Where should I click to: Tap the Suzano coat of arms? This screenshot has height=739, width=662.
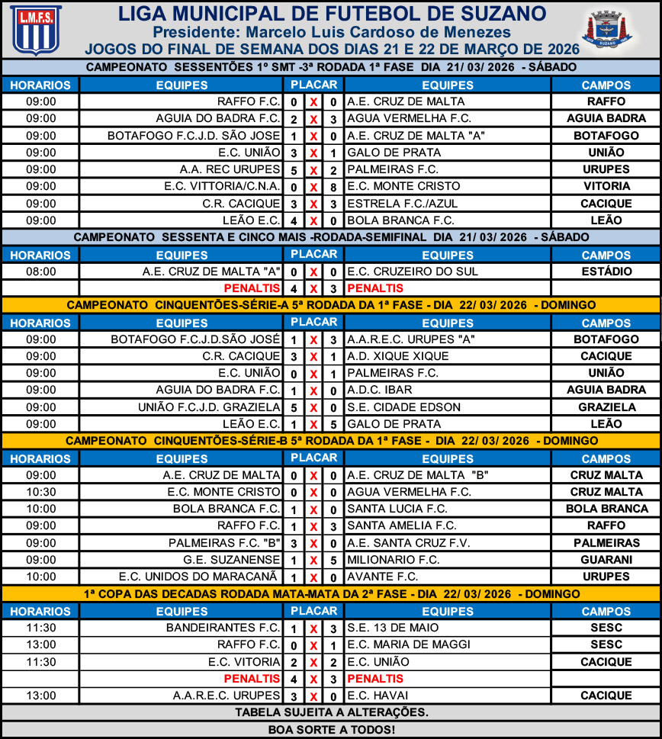point(607,31)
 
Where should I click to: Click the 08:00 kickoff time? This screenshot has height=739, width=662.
point(40,272)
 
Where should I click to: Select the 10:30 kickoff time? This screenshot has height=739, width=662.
point(40,492)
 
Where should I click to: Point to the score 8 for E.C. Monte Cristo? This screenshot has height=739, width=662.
point(333,186)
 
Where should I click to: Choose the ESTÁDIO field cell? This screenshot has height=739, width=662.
point(606,272)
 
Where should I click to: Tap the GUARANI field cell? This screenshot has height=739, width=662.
point(606,559)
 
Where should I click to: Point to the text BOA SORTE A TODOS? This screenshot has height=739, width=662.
point(331,730)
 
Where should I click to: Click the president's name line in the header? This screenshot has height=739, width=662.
point(331,32)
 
